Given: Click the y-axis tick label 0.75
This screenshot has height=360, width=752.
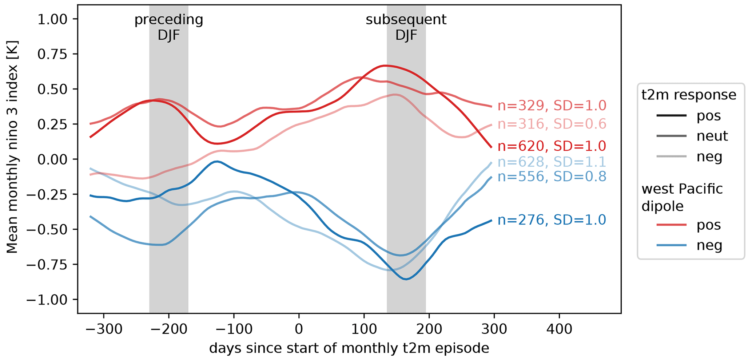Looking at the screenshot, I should coord(53,54).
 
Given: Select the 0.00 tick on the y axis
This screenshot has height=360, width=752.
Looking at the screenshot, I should coord(53,159).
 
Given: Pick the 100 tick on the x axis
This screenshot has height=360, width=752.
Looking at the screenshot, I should coord(364,329).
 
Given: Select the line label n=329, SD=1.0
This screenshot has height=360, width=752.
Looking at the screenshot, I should coord(552,106).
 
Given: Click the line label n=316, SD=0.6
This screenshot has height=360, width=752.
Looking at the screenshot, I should coord(552,124).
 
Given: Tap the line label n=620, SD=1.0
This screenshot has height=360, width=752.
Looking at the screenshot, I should coord(552,146).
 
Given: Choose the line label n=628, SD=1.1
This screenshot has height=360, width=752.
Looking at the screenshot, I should coord(552,162).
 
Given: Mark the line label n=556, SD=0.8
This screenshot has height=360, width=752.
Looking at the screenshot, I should coord(552,177).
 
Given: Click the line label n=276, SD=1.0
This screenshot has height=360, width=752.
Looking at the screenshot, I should coord(552,220).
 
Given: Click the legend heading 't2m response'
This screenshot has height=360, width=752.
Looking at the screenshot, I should coord(689,95).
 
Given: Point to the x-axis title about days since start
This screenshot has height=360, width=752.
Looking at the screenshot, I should coord(349,349).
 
